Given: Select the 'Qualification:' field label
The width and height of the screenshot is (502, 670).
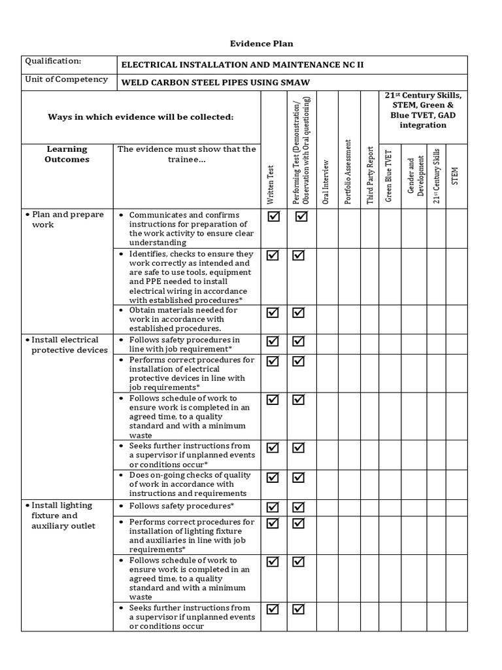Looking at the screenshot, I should pyautogui.click(x=53, y=62).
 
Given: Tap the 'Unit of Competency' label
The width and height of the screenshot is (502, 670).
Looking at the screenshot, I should pyautogui.click(x=66, y=79).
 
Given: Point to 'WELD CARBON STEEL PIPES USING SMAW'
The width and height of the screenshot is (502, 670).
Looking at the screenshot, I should pyautogui.click(x=215, y=82).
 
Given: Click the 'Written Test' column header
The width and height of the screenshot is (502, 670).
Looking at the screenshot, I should pyautogui.click(x=271, y=185).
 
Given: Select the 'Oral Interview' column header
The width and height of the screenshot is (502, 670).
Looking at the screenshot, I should pyautogui.click(x=326, y=182).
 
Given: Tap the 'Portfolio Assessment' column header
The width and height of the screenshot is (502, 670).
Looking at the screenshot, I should pyautogui.click(x=348, y=172).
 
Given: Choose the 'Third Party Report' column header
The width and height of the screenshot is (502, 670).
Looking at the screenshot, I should pyautogui.click(x=369, y=172).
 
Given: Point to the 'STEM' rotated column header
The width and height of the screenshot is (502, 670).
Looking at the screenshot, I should pyautogui.click(x=455, y=175).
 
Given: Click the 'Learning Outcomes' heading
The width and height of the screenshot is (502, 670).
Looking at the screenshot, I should pyautogui.click(x=67, y=154).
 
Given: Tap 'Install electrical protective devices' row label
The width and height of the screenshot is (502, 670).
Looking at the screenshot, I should pyautogui.click(x=67, y=345).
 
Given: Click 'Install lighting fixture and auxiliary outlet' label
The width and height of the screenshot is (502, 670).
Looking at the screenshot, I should pyautogui.click(x=63, y=516).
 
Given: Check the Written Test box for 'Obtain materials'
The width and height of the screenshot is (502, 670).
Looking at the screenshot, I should pyautogui.click(x=273, y=313).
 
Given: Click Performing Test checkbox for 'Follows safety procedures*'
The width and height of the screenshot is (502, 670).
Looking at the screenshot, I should pyautogui.click(x=299, y=507).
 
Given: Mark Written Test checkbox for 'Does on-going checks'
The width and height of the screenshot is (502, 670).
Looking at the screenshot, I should pyautogui.click(x=273, y=477).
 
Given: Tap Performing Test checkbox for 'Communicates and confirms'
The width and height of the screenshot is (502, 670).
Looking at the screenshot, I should pyautogui.click(x=301, y=217).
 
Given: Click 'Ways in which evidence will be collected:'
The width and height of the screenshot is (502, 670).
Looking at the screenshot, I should pyautogui.click(x=141, y=116).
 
